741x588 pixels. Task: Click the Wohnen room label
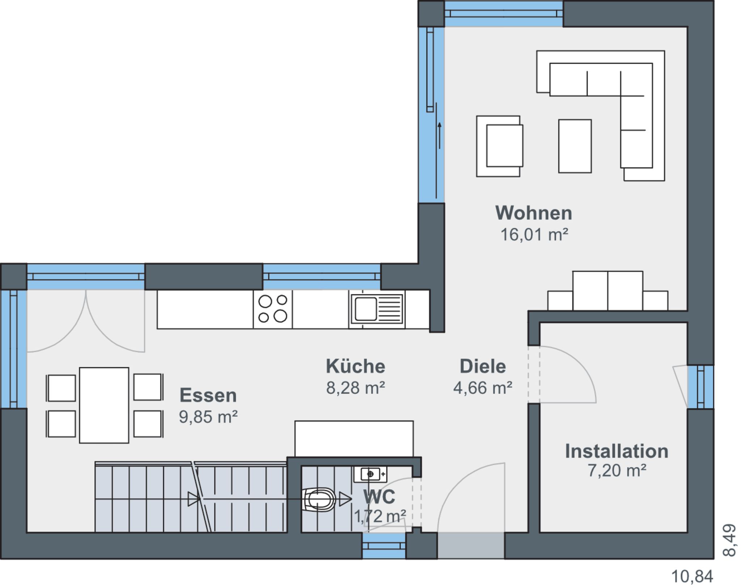coord(534,213)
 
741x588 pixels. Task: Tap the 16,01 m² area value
coord(534,235)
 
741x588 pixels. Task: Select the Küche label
coord(355,366)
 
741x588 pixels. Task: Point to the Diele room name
coord(483,366)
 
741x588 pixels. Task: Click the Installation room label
coord(617,451)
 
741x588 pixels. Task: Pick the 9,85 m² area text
coord(208,417)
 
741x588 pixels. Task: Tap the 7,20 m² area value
coord(617,470)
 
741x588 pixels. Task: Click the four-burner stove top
coord(273,309)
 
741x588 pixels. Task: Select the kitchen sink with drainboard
coord(377,309)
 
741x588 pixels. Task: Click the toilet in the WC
coord(319,499)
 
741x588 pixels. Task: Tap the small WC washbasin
coord(370,474)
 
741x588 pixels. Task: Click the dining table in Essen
coord(104,405)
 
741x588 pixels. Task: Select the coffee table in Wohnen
coord(575,146)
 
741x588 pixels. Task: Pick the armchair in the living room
coord(500,146)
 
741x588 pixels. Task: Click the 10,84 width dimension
coord(692,576)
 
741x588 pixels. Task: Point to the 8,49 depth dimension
coord(729,540)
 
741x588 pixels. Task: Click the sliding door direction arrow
coord(440,136)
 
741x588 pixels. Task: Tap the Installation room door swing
coord(568,374)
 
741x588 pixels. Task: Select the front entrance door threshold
coord(471,546)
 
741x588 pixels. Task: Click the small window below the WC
coord(384,546)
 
